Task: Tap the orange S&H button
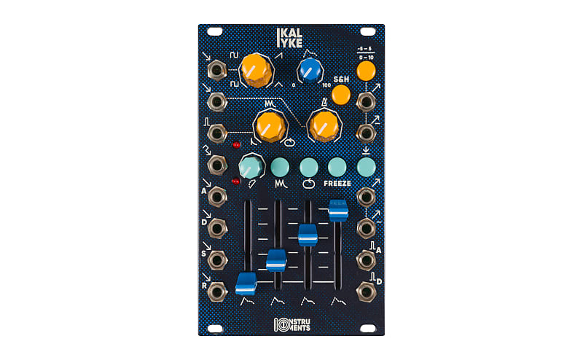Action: pyautogui.click(x=340, y=95)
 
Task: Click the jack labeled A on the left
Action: pyautogui.click(x=217, y=197)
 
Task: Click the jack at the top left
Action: pyautogui.click(x=217, y=71)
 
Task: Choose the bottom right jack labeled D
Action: pyautogui.click(x=365, y=291)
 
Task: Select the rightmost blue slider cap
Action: pyautogui.click(x=339, y=210)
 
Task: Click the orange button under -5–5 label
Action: pyautogui.click(x=366, y=71)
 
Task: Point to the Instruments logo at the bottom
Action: pyautogui.click(x=291, y=324)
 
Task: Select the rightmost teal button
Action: pyautogui.click(x=367, y=167)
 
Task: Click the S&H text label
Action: pyautogui.click(x=342, y=78)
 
